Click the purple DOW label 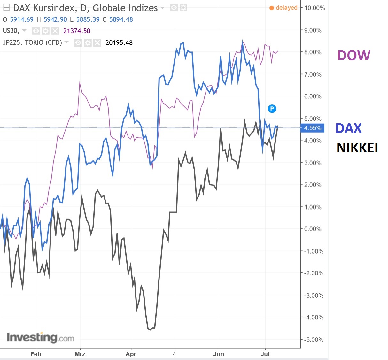pyautogui.click(x=354, y=56)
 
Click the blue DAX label pyautogui.click(x=348, y=128)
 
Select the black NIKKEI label pyautogui.click(x=357, y=148)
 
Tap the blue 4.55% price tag pyautogui.click(x=313, y=128)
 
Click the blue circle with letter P pyautogui.click(x=272, y=109)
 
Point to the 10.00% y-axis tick pyautogui.click(x=314, y=8)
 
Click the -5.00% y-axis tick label pyautogui.click(x=314, y=340)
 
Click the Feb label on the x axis pyautogui.click(x=35, y=354)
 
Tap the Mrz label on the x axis pyautogui.click(x=80, y=354)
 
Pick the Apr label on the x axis pyautogui.click(x=131, y=354)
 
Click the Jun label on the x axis pyautogui.click(x=219, y=354)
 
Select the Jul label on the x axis pyautogui.click(x=265, y=354)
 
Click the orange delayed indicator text pyautogui.click(x=286, y=8)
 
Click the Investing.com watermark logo pyautogui.click(x=40, y=337)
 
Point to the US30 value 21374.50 pyautogui.click(x=77, y=31)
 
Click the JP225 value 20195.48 pyautogui.click(x=119, y=43)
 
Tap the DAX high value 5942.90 pyautogui.click(x=55, y=19)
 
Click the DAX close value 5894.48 pyautogui.click(x=121, y=19)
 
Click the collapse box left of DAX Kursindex pyautogui.click(x=6, y=8)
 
